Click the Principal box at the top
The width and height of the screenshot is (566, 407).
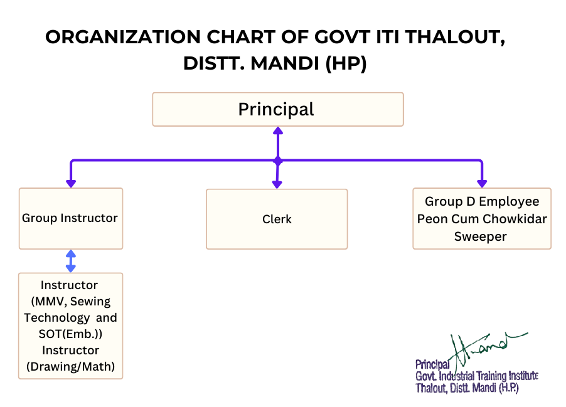click(x=277, y=110)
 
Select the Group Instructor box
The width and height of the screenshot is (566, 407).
click(x=70, y=218)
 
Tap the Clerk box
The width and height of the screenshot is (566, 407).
click(x=277, y=219)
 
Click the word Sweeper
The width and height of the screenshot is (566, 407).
click(x=481, y=236)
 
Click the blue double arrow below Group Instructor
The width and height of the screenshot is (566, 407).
click(x=71, y=261)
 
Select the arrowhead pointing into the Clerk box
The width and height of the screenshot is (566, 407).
click(x=277, y=184)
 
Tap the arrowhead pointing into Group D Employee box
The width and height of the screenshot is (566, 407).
click(x=482, y=183)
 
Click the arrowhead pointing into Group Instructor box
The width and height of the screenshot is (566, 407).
click(x=71, y=183)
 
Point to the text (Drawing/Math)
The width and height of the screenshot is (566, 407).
click(x=70, y=366)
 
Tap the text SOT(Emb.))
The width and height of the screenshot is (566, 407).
click(x=70, y=334)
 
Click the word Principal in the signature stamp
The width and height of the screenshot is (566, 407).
click(x=432, y=364)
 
